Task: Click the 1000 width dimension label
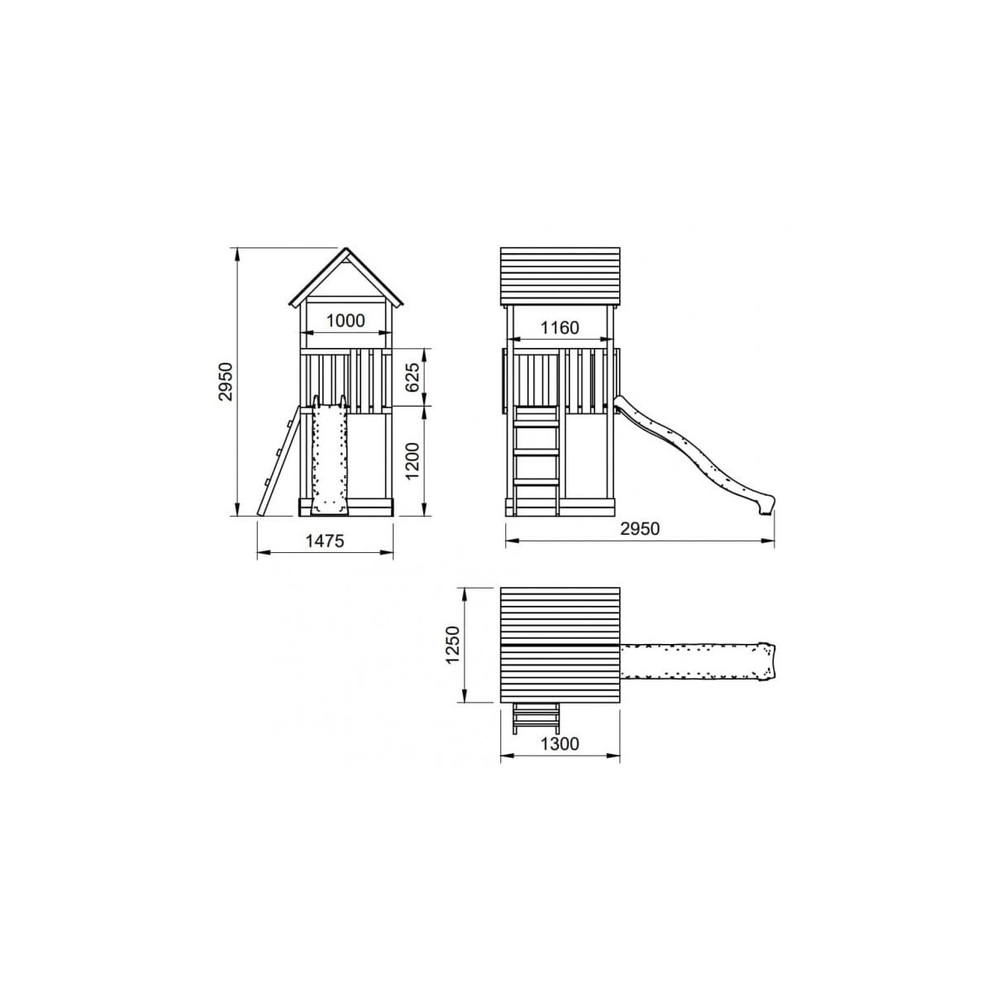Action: click(x=346, y=321)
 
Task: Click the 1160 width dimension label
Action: click(x=560, y=327)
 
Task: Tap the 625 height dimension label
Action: click(x=413, y=378)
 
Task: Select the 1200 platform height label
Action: click(x=413, y=461)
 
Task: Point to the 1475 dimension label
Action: click(x=325, y=541)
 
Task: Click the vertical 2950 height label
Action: click(x=227, y=381)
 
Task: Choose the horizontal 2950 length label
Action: click(x=639, y=529)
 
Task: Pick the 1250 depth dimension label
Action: click(x=453, y=645)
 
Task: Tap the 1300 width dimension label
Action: click(x=560, y=743)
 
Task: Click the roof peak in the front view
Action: click(x=346, y=249)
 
